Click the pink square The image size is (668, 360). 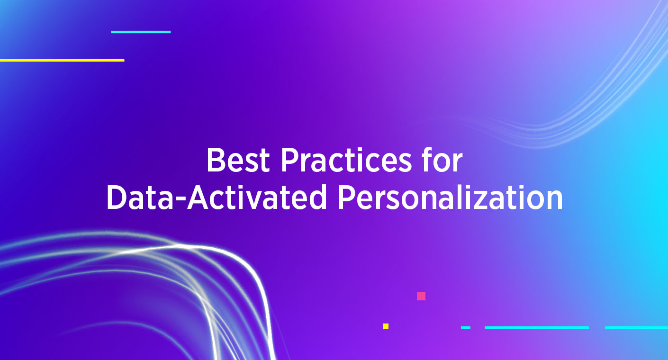[421, 296]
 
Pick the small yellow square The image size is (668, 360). [386, 326]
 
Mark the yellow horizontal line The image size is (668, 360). [62, 60]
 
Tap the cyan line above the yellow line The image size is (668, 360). [141, 32]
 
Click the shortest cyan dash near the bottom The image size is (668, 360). [466, 327]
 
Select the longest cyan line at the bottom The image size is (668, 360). [537, 327]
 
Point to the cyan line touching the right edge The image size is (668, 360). [636, 327]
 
